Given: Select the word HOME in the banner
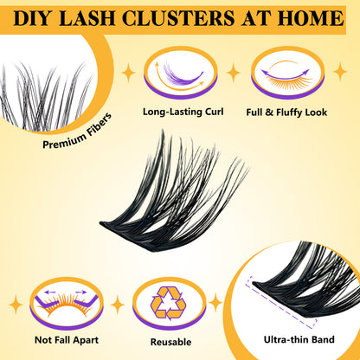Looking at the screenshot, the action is (x=311, y=18).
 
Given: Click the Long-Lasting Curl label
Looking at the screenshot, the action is (x=183, y=112).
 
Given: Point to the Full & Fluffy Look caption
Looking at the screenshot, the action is (x=286, y=112).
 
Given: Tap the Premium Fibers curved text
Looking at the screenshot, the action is (x=77, y=132).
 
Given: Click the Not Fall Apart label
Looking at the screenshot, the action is (x=67, y=340).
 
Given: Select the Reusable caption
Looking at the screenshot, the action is (x=170, y=342).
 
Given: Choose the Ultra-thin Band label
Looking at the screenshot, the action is (x=299, y=339).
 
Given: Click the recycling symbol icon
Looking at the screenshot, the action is (x=168, y=303).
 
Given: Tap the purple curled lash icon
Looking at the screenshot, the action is (x=180, y=73).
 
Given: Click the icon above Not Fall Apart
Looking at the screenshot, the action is (x=67, y=304).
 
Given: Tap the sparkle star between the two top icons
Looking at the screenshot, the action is (x=234, y=73).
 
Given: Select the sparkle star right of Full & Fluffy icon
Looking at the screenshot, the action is (x=340, y=72).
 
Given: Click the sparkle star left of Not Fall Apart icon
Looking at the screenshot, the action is (x=16, y=305).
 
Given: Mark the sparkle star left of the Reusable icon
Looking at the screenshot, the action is (x=118, y=305).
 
